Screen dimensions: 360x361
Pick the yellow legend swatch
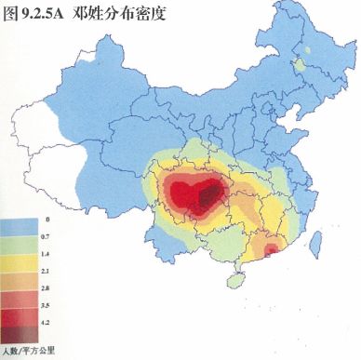(x=19, y=262)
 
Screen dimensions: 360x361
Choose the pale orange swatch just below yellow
(x=19, y=278)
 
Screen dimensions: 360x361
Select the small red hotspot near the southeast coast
(x=271, y=248)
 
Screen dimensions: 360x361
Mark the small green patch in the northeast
(x=300, y=64)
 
